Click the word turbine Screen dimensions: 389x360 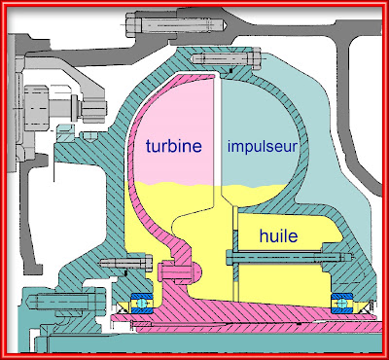point(174,146)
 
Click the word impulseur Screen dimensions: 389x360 point(262,147)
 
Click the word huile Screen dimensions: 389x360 point(278,235)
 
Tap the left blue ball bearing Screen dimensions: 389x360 point(141,304)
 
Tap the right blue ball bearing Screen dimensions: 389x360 point(341,304)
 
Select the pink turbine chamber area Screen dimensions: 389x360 point(172,129)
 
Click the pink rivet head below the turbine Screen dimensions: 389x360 point(180,270)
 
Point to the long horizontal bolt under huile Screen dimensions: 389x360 point(289,257)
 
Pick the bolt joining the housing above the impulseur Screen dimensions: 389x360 point(227,58)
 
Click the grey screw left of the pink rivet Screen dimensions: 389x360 point(125,263)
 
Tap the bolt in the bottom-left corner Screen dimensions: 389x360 point(66,302)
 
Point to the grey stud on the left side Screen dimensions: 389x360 point(65,104)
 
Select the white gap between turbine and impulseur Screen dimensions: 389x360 point(218,136)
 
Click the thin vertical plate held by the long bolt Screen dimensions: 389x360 point(235,253)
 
